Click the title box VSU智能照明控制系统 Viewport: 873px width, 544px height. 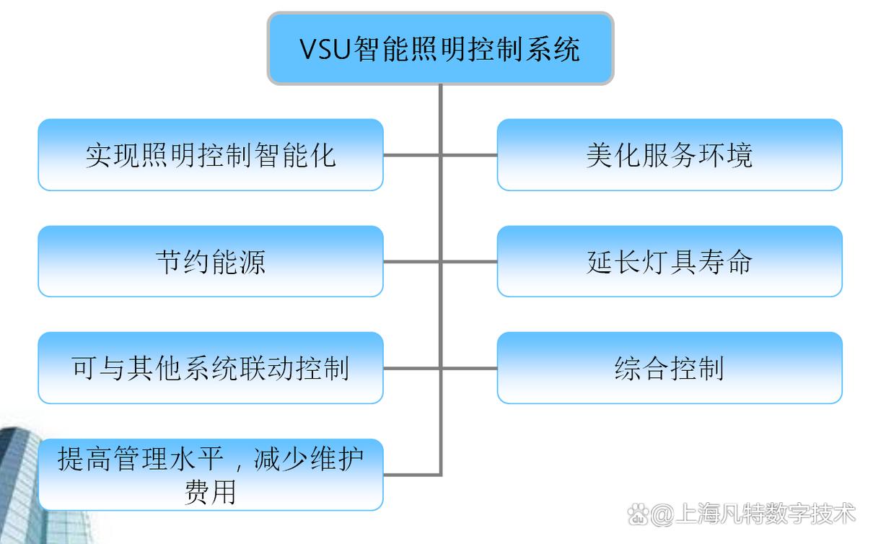point(440,48)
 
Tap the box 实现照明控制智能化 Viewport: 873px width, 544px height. point(210,155)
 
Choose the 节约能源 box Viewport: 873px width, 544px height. point(210,261)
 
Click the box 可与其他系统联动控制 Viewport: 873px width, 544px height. point(210,368)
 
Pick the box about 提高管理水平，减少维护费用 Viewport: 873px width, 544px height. point(210,474)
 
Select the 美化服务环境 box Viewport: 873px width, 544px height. point(669,155)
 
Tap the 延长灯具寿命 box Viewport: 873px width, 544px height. point(669,261)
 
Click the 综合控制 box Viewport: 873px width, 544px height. point(669,368)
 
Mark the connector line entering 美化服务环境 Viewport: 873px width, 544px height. point(470,155)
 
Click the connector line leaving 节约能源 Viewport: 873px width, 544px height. point(411,261)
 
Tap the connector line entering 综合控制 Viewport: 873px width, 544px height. point(470,368)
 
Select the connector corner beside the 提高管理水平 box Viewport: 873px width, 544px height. point(439,474)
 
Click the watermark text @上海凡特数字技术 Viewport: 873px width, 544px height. point(754,514)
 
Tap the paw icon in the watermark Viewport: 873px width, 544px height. point(638,514)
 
